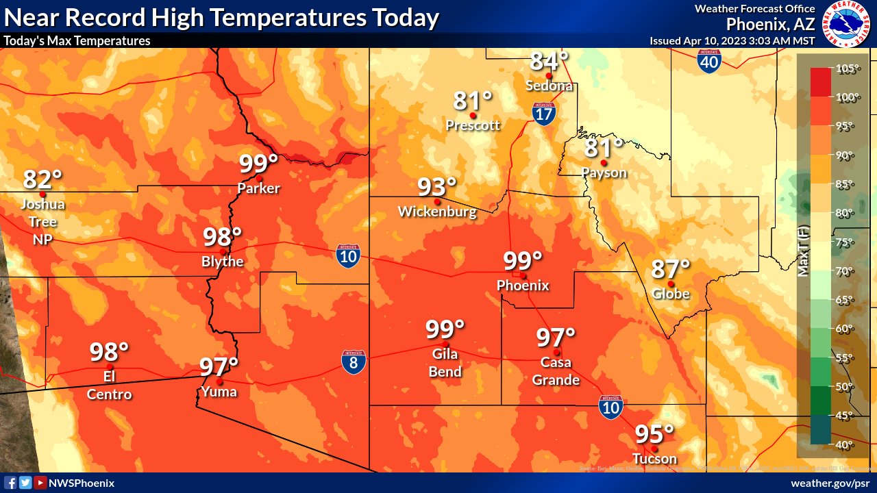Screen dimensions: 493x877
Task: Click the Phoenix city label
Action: click(523, 285)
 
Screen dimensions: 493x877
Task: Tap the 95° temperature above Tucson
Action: click(654, 434)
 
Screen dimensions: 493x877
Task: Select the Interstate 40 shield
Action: click(709, 61)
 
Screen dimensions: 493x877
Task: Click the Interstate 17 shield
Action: click(543, 114)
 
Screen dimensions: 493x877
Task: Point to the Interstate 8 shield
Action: click(354, 362)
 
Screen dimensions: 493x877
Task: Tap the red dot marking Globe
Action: click(671, 283)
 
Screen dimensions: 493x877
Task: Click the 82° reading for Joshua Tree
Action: click(42, 179)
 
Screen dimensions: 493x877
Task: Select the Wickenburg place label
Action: click(437, 212)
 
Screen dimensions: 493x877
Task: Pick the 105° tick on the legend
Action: click(847, 68)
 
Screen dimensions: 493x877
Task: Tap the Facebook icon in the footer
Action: click(11, 483)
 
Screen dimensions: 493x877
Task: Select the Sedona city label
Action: click(549, 86)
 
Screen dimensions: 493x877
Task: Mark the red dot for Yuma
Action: click(219, 381)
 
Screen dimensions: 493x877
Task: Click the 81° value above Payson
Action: click(604, 147)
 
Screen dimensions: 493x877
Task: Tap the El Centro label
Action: click(109, 385)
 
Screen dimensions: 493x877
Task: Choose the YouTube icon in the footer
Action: click(40, 483)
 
